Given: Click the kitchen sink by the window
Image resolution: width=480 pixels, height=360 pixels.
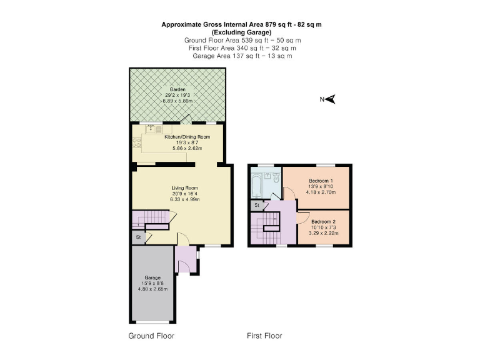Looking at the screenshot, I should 151,130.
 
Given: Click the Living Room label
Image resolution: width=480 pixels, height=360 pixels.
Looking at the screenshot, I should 184,187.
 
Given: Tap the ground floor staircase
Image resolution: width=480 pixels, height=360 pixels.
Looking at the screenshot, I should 151,219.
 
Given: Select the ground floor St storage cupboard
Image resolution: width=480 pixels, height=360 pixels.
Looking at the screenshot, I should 137,237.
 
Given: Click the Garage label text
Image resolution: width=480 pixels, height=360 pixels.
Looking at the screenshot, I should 153,277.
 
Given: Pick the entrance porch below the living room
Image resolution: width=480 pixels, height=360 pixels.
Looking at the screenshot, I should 186,260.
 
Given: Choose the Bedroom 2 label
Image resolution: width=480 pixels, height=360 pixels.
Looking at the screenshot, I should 324,222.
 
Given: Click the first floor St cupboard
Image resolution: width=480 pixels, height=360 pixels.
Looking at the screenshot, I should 256,205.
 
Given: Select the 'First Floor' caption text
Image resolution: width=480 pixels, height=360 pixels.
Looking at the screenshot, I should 264,336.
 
